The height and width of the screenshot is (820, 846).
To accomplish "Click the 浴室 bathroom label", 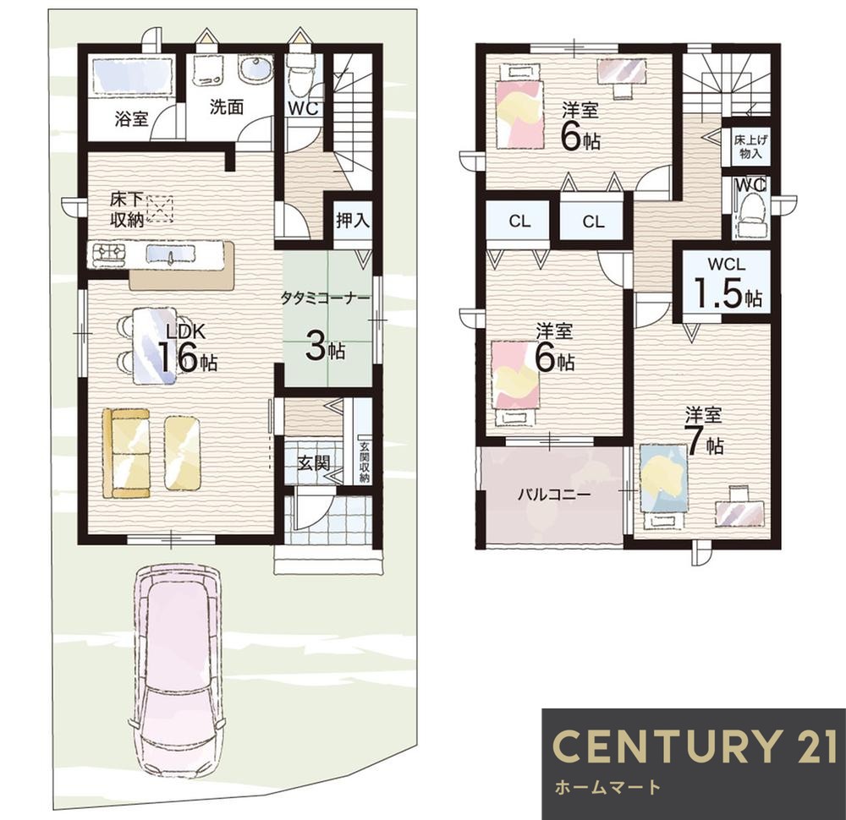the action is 131,118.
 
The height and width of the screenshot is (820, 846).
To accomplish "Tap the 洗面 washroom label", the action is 227,107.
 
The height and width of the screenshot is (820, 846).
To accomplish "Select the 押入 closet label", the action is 353,220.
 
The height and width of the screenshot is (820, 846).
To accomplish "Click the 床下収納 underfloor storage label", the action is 127,210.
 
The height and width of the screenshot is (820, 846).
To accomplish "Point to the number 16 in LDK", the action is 178,357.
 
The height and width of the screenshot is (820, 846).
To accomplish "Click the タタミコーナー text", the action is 326,298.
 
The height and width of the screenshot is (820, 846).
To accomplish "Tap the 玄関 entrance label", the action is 314,462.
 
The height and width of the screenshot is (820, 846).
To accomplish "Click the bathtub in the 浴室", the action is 133,75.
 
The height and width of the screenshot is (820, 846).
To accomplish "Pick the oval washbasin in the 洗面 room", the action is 254,70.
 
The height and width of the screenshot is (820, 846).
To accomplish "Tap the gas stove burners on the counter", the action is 109,254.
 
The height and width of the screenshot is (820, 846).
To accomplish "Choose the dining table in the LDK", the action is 155,345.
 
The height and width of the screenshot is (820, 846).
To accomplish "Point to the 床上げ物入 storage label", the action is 750,146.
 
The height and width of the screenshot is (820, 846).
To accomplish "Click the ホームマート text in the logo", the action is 607,787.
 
